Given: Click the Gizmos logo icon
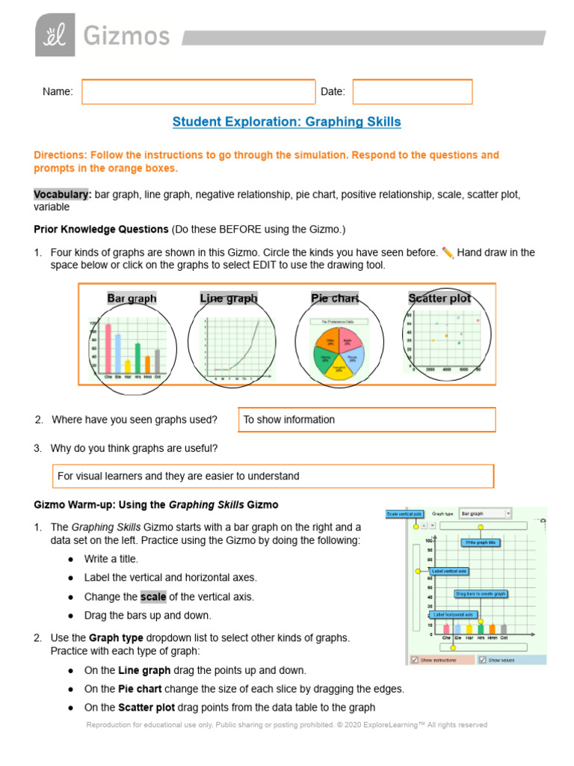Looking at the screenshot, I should coord(55,36).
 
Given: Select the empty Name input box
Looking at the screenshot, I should coord(198,92).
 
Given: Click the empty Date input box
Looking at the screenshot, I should coord(412,92).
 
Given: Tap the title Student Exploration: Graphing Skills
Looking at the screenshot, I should coord(286,122).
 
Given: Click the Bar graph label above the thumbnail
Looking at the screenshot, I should coord(132,298).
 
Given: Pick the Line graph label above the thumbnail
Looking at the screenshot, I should coord(229,298).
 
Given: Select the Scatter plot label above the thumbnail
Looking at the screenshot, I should coord(439,298).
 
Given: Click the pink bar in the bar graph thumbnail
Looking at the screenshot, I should coord(108,348).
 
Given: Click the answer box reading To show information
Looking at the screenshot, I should coord(366,420).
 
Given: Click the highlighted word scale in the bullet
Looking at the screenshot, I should coord(153,597).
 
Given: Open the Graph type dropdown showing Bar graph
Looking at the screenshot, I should coord(485,514).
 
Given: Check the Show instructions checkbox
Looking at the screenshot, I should coord(414,660).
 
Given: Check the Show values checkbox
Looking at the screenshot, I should coord(482,660).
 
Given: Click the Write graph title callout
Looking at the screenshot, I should coord(480,542).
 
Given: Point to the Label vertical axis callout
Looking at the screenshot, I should coord(448,571).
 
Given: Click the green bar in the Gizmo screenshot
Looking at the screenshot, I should coord(481,628).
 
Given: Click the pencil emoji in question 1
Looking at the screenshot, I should coord(448,252).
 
